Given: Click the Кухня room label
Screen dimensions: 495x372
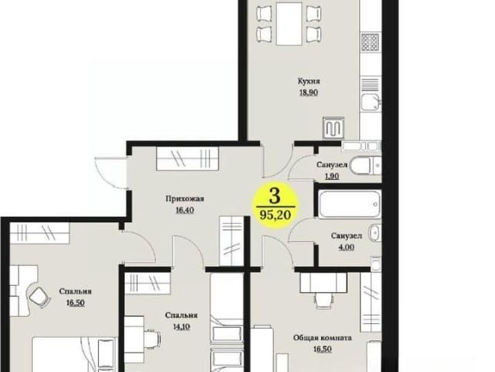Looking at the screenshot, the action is click(309, 81).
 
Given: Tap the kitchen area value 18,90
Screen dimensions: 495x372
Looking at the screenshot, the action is click(309, 93).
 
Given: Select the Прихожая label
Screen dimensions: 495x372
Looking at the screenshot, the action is click(185, 199).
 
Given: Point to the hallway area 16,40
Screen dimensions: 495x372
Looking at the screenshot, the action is click(185, 210).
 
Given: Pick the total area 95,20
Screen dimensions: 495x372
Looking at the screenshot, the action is click(275, 215).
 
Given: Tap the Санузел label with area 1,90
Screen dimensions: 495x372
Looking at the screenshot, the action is click(332, 165).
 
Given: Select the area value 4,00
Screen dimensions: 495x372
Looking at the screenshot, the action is click(346, 247).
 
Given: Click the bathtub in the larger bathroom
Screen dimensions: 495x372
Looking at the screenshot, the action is click(349, 204).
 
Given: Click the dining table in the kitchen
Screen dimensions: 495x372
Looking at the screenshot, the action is click(289, 24).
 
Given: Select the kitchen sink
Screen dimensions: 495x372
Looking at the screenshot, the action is click(370, 102).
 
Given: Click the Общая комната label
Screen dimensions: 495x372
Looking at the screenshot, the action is click(323, 338).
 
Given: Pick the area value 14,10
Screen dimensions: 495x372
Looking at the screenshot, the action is click(181, 326).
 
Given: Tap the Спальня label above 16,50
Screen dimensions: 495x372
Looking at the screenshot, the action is click(75, 291).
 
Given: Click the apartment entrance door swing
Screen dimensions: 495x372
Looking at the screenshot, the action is click(110, 172).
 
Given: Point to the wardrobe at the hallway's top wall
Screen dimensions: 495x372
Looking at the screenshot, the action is click(187, 158).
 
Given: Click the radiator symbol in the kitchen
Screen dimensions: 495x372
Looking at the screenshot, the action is click(333, 129).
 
